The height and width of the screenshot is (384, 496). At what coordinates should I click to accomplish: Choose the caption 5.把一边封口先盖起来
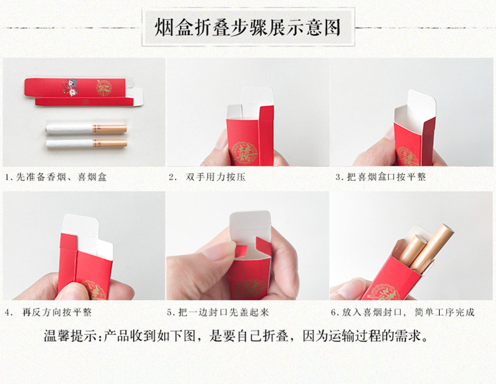tap(222, 312)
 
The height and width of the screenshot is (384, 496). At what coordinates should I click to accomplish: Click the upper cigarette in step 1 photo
tap(85, 127)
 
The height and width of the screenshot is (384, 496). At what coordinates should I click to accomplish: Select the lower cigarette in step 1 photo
tap(85, 142)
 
